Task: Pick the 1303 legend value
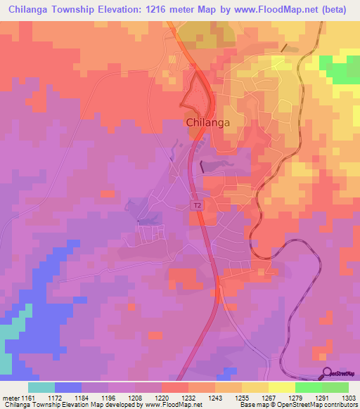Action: [x=348, y=397]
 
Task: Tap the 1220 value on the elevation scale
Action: [x=162, y=397]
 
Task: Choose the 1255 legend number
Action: [x=242, y=397]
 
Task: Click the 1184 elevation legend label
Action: [x=82, y=397]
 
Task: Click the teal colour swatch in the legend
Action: [x=41, y=387]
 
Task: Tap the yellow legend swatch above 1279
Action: [x=282, y=387]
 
